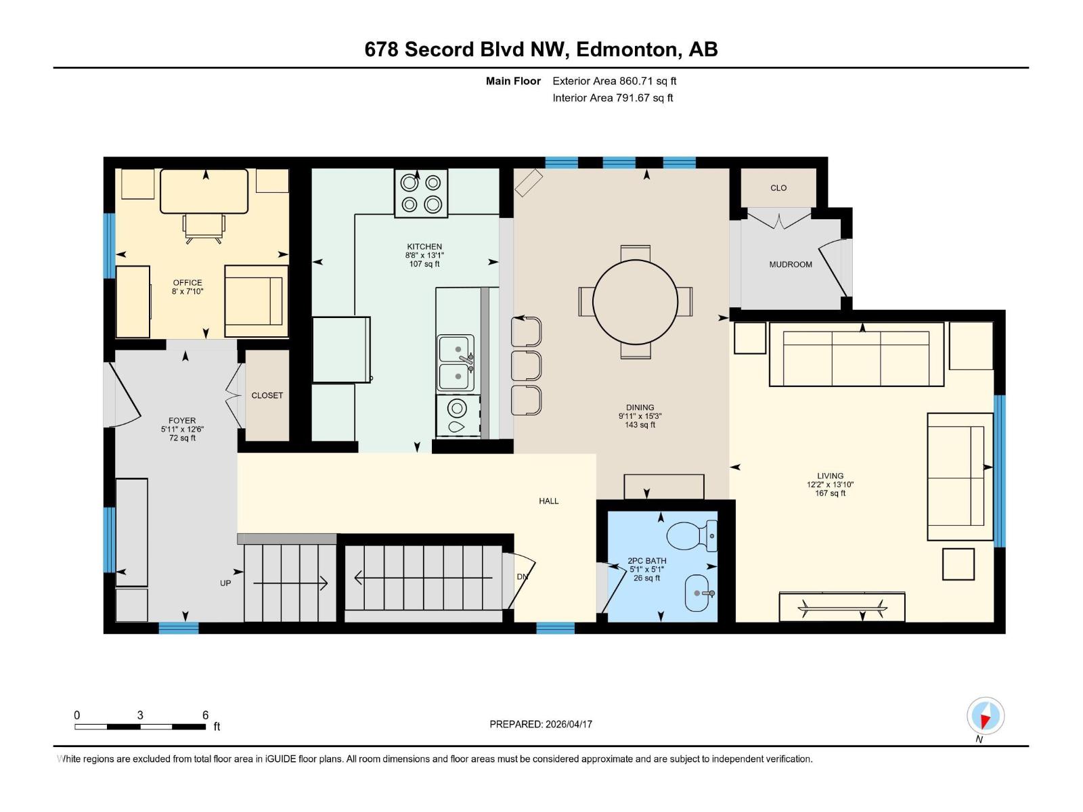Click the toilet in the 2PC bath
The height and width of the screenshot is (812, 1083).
pos(690,535)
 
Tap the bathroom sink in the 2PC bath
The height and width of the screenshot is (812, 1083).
pos(699,593)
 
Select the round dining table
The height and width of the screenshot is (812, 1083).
pos(635,302)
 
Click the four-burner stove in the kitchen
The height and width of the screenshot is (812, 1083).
pos(421,193)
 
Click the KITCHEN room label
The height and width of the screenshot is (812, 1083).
pos(424,247)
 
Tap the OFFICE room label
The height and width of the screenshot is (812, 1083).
pos(187,283)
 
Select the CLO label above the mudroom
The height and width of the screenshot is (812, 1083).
pos(778,188)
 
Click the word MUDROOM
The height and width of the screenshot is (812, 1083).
pos(790,265)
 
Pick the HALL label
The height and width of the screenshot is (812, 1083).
pos(548,501)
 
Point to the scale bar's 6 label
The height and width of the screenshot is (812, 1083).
pos(205,715)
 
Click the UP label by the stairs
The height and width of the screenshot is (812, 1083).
pos(225,583)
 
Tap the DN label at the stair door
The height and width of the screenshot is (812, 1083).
pos(522,577)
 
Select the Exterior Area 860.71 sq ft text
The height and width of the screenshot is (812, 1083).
pos(614,81)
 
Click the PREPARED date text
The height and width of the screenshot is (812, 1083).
pos(541,724)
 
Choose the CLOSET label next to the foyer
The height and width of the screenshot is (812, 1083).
pos(267,395)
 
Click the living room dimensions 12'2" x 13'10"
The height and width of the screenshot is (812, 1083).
pos(830,484)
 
